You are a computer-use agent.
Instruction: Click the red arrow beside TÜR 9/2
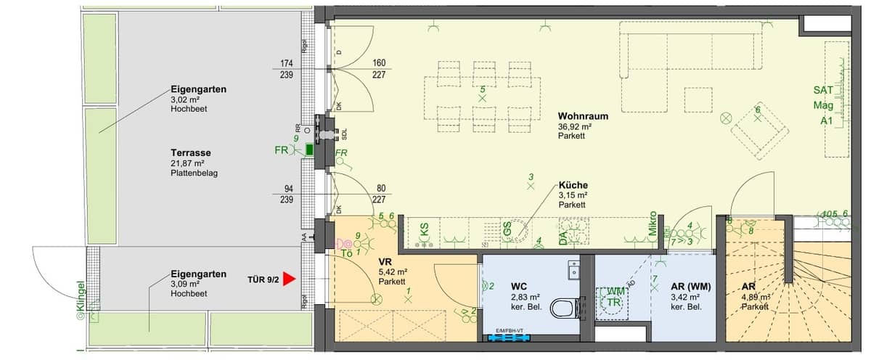click(x=290, y=278)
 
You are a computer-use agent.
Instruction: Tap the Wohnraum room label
click(x=583, y=116)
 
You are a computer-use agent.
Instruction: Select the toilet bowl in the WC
click(x=562, y=309)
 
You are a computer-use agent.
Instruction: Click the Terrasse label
click(x=190, y=153)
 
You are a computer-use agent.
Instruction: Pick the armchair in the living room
click(x=758, y=131)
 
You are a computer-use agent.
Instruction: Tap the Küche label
click(x=573, y=185)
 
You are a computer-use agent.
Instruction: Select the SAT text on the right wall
click(x=823, y=91)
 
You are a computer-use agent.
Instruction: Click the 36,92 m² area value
click(x=575, y=126)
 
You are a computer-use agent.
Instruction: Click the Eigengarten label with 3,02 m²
click(x=198, y=89)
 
